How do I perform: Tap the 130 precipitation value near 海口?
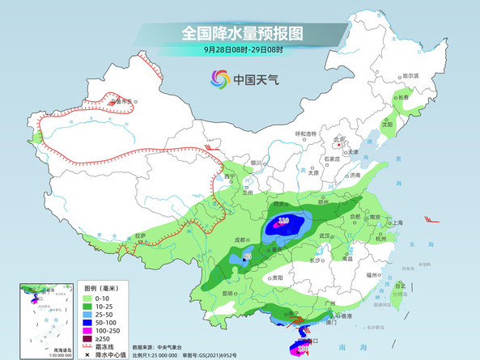point(302,349)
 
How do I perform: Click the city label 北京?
point(340,139)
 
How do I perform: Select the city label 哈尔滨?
point(410,75)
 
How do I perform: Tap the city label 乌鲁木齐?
point(122,103)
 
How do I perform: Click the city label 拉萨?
point(141,235)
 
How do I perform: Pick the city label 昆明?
point(229,293)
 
